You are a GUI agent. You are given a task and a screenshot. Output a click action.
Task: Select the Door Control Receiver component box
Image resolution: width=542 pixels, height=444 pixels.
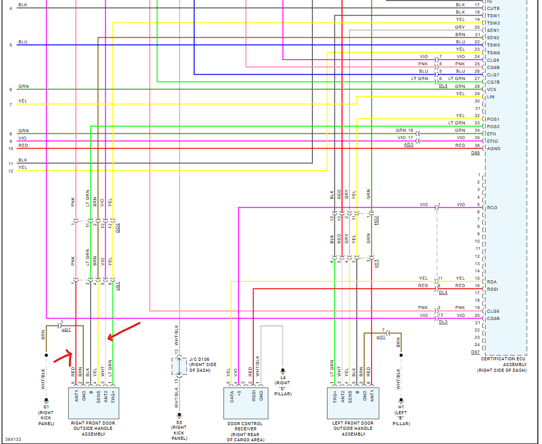[x=246, y=403]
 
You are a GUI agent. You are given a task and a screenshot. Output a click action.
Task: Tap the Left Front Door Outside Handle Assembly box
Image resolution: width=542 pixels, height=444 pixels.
[x=353, y=403]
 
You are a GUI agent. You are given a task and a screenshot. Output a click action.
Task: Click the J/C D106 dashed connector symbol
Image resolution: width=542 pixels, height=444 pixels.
[x=180, y=366]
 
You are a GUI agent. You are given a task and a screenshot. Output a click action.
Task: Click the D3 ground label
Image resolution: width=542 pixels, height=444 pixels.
[x=179, y=421]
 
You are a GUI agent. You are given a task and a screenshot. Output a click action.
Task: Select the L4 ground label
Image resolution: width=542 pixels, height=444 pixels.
[x=283, y=377]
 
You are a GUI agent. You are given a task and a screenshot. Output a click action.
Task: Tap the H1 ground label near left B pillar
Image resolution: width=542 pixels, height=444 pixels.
[x=401, y=406]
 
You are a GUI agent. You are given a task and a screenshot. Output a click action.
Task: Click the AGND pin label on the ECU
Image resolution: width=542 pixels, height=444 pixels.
[x=494, y=149]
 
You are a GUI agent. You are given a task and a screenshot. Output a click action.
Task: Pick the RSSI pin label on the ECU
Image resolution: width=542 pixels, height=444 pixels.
[x=493, y=289]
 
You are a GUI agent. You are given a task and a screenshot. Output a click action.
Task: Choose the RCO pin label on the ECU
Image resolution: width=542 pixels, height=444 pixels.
[x=492, y=208]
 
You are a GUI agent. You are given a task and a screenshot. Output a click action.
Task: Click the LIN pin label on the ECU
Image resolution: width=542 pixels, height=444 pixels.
[x=490, y=97]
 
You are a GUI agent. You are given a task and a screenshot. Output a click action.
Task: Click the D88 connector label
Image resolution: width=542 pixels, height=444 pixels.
[x=475, y=153]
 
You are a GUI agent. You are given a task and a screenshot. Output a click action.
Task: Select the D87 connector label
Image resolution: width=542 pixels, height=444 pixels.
[x=475, y=352]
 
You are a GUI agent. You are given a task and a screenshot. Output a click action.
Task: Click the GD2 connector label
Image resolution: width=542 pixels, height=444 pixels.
[x=118, y=228]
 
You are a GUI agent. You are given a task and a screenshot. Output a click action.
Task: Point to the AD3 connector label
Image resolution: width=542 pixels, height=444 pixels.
[x=408, y=144]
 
